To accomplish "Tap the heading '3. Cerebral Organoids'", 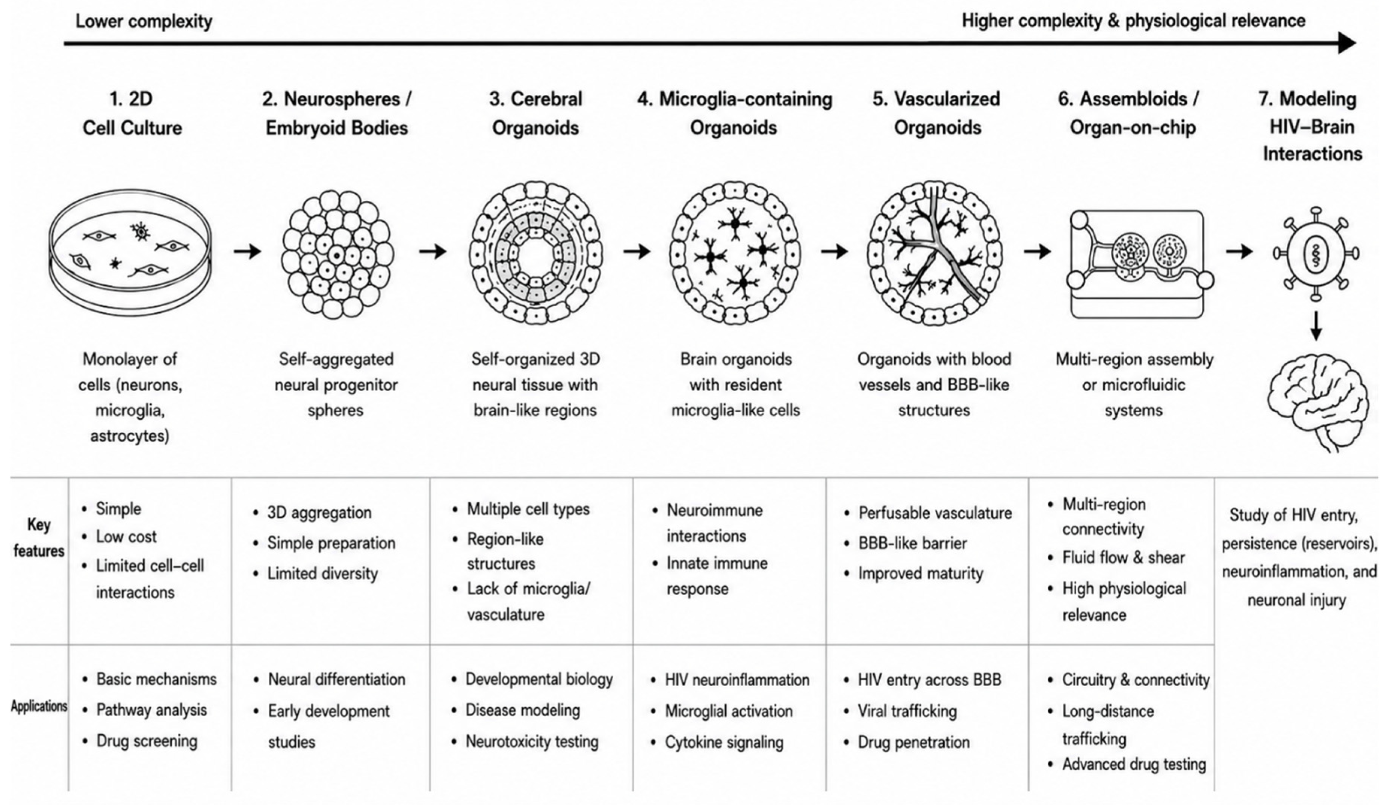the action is pyautogui.click(x=535, y=113).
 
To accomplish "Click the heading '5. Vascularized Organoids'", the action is pyautogui.click(x=936, y=113).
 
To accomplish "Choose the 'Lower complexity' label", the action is pyautogui.click(x=144, y=21).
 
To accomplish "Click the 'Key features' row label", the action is pyautogui.click(x=39, y=537).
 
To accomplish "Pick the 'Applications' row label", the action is pyautogui.click(x=39, y=706).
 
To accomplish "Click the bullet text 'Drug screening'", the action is pyautogui.click(x=147, y=740).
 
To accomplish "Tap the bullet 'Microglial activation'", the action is pyautogui.click(x=729, y=711).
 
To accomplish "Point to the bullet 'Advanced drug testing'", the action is pyautogui.click(x=1134, y=764).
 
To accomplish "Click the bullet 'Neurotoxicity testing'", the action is pyautogui.click(x=532, y=741).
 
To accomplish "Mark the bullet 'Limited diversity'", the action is pyautogui.click(x=323, y=574).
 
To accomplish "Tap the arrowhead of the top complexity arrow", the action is pyautogui.click(x=1347, y=42).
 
